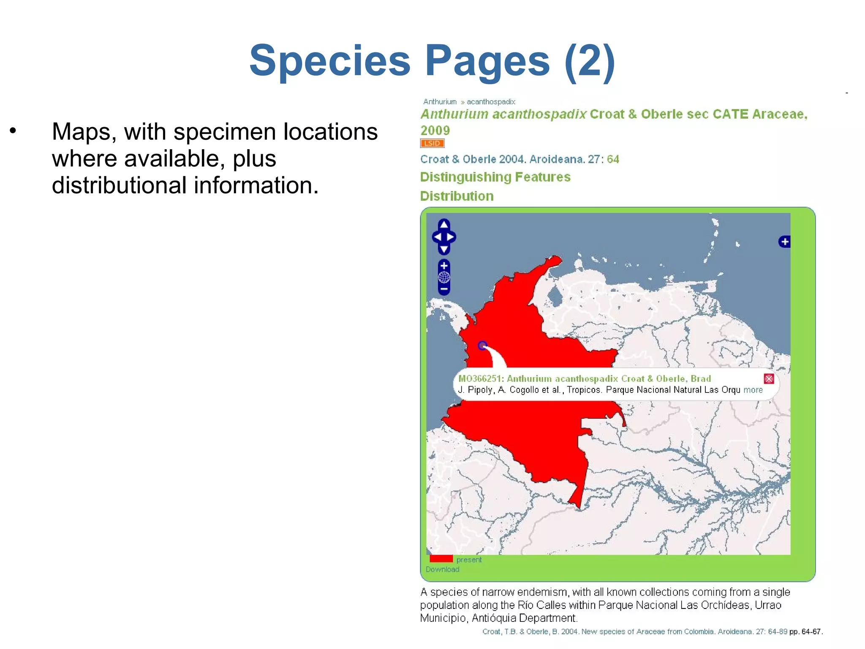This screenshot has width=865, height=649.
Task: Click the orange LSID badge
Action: click(x=432, y=143)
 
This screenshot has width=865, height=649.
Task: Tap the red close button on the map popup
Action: click(x=769, y=379)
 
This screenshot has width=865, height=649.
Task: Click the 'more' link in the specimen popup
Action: click(x=753, y=390)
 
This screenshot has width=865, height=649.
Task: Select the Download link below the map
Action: click(x=442, y=570)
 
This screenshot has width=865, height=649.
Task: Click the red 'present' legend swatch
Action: click(x=441, y=559)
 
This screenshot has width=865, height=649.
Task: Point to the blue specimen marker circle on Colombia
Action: click(x=482, y=346)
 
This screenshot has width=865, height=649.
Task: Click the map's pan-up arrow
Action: click(x=444, y=224)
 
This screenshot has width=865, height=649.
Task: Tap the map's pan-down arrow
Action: click(x=444, y=249)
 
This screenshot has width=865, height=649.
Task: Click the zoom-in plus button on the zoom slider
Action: click(x=444, y=266)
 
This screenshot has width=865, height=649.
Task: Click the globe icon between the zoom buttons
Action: click(x=444, y=277)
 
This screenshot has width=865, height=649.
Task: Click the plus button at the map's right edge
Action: click(x=784, y=242)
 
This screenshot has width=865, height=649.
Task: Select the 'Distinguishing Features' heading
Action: click(x=495, y=177)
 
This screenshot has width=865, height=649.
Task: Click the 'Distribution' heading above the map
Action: click(x=457, y=196)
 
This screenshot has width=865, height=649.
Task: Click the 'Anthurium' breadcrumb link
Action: click(x=440, y=102)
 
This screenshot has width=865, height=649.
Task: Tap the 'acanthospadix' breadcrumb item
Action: click(x=491, y=102)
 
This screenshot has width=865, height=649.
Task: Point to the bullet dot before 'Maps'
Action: click(x=13, y=131)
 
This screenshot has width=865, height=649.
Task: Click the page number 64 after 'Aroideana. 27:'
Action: click(x=613, y=159)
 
